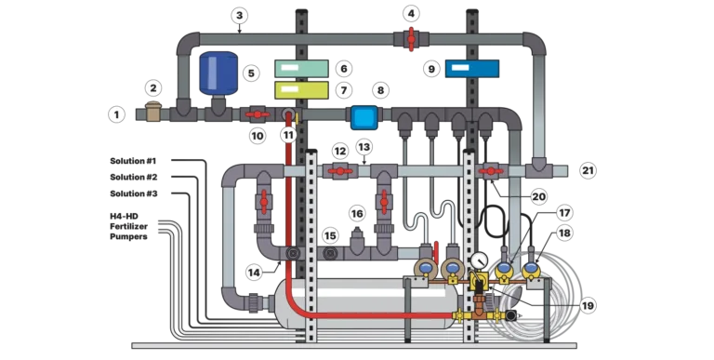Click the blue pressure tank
tap(218, 73)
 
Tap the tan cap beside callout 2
tap(153, 113)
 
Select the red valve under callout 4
tap(411, 39)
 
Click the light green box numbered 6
tap(301, 68)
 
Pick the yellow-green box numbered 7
tap(301, 90)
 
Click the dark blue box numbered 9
tap(472, 68)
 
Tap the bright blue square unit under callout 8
tap(364, 117)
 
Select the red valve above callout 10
tap(258, 114)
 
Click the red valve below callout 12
tap(340, 171)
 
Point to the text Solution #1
tap(133, 161)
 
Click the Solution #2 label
tap(134, 178)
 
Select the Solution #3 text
tap(134, 193)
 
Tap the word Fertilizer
tap(128, 226)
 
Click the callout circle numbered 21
tap(588, 170)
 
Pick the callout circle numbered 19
tap(588, 305)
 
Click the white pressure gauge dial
tap(479, 260)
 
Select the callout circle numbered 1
tap(116, 114)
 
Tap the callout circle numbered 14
tap(254, 273)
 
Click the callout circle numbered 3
tap(240, 16)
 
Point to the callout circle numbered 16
tap(357, 214)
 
